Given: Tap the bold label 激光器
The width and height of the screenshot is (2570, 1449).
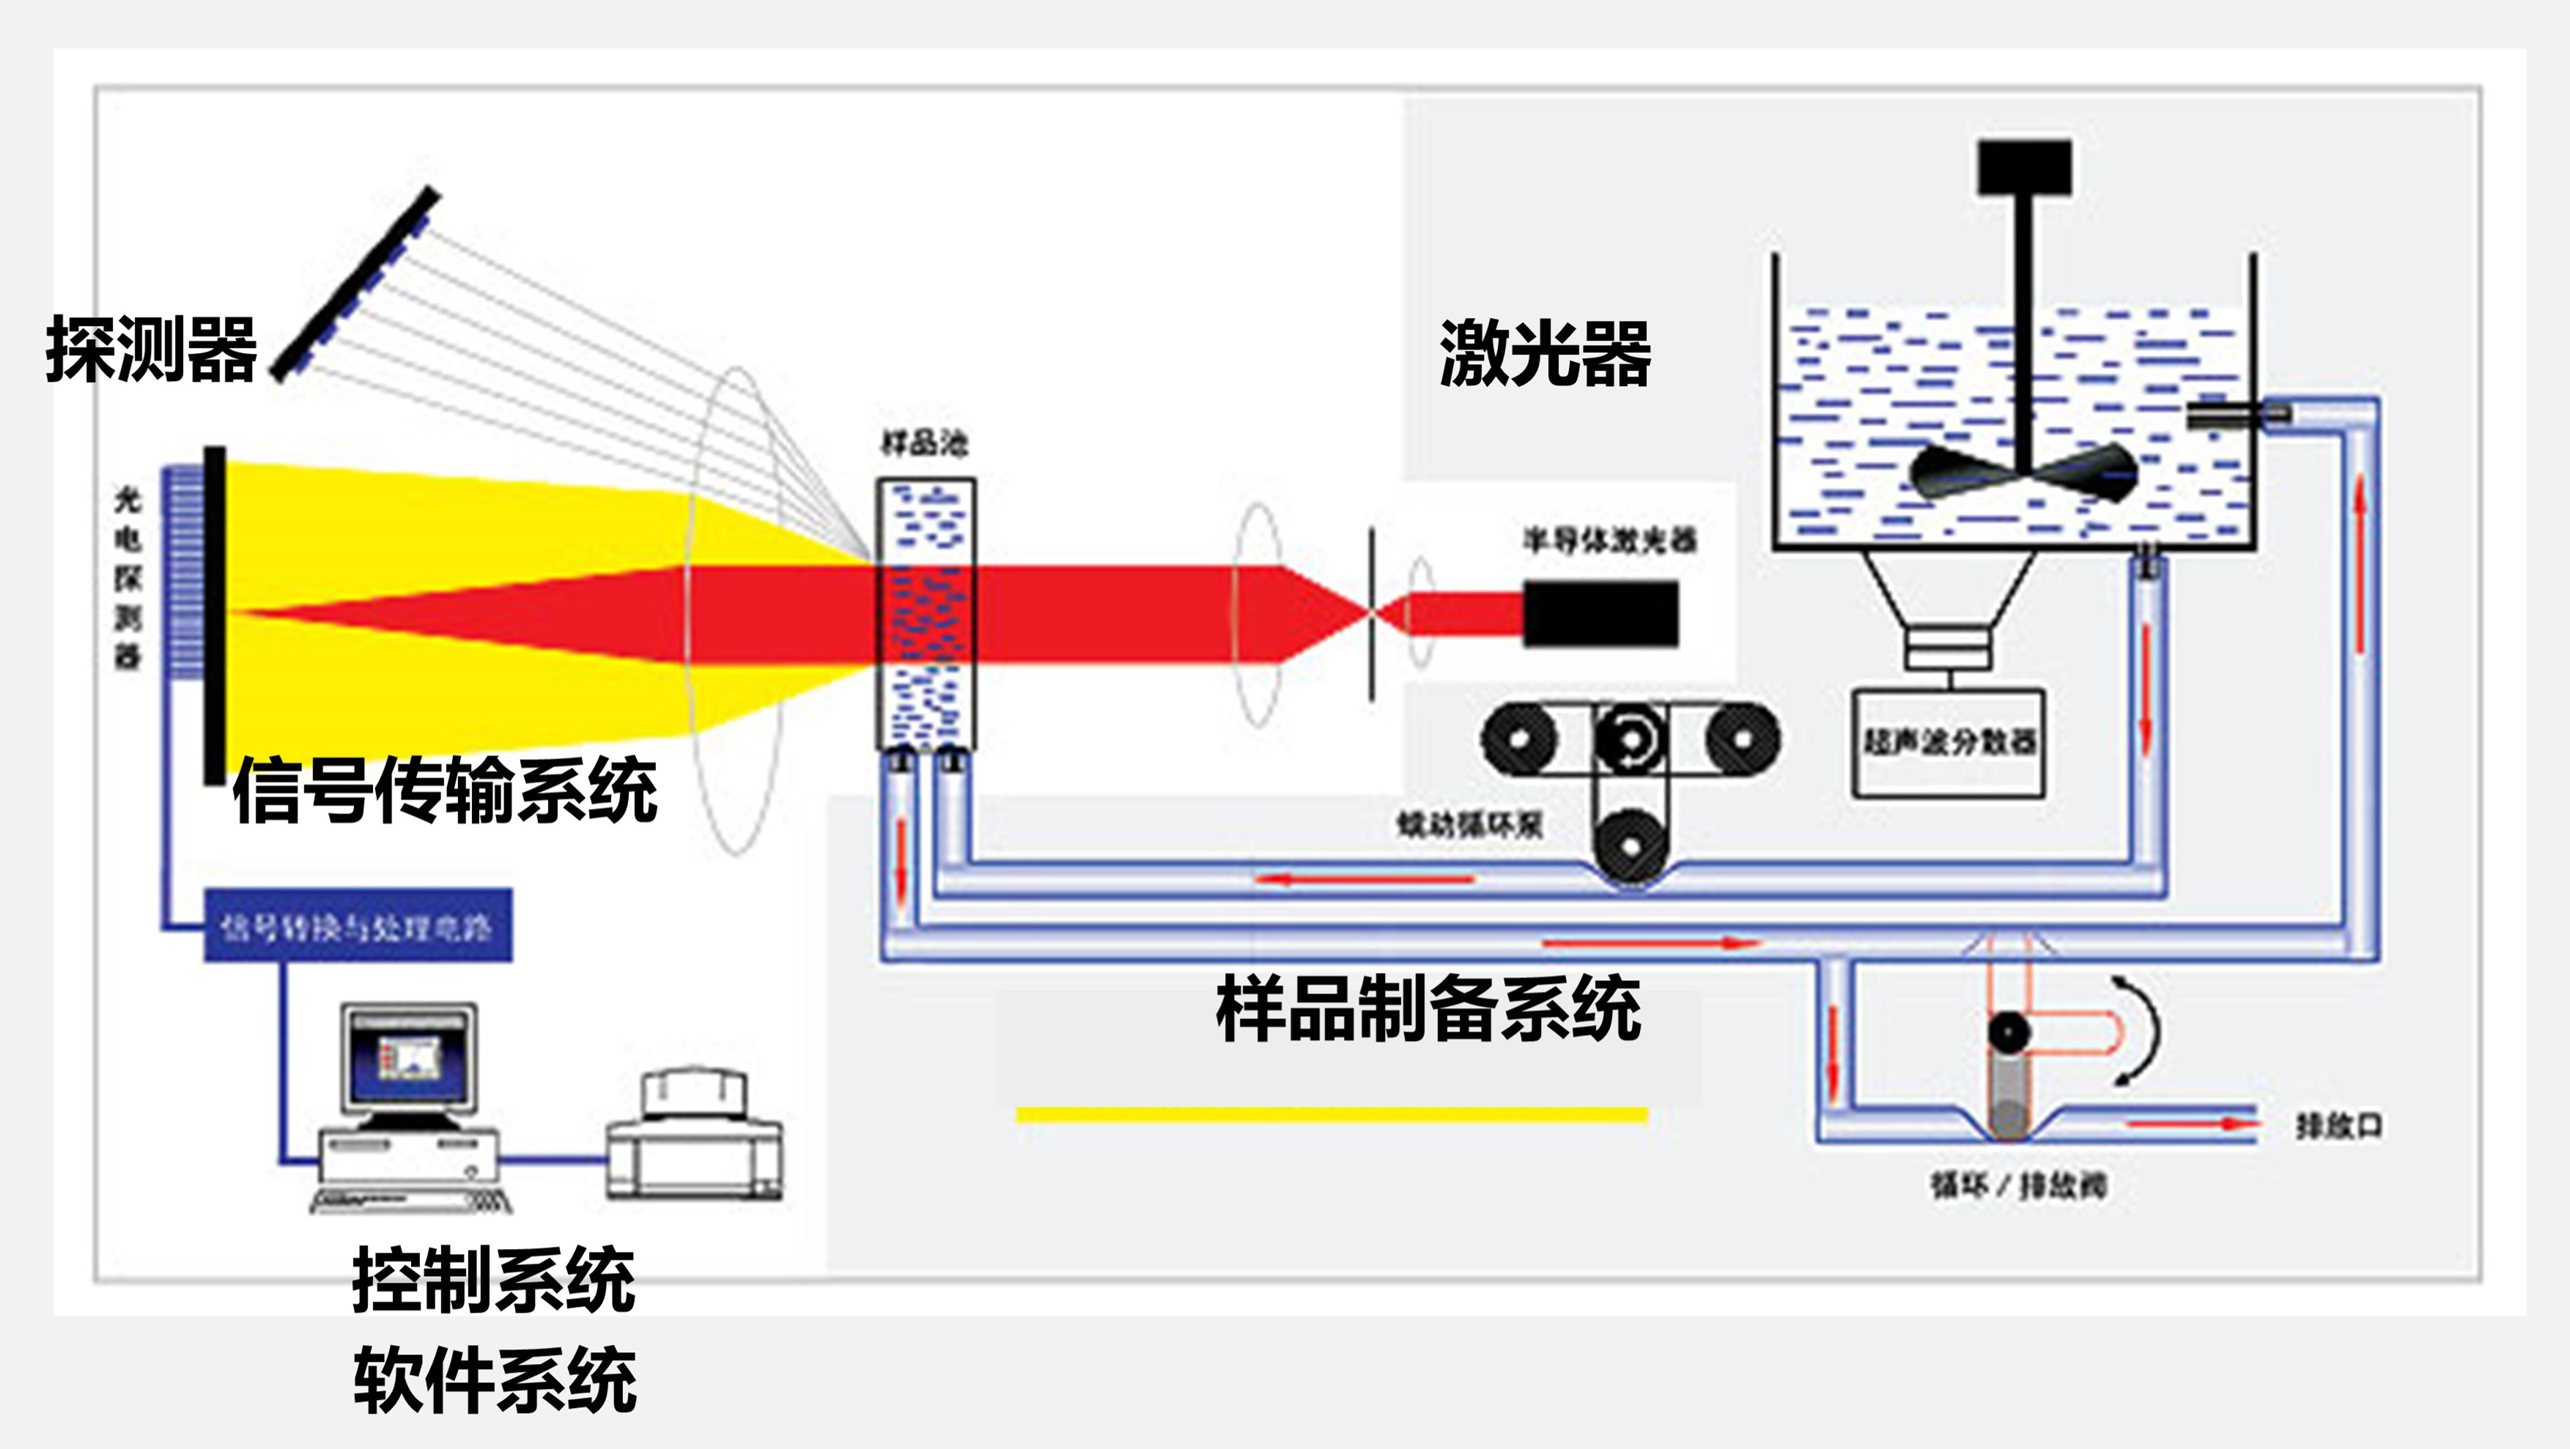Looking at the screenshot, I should point(1544,354).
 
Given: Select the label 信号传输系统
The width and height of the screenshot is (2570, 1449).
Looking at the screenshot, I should point(445,791).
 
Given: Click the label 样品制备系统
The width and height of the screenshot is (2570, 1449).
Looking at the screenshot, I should point(1428,1009).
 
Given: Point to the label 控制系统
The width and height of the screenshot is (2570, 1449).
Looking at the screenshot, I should point(494,1281).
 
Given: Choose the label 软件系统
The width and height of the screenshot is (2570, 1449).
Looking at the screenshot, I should point(494,1380).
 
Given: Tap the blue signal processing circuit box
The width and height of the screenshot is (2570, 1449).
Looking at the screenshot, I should point(357,927).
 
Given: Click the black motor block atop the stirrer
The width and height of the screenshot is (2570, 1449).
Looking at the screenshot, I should point(2024,168).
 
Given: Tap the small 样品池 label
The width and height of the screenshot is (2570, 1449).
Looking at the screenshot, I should point(924,442).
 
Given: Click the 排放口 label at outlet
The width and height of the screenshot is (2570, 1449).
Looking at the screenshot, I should point(2338,1127).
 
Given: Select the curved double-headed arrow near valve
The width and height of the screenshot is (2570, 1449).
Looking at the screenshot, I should point(2139,1029).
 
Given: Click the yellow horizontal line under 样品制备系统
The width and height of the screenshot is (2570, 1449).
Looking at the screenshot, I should point(1331,1115).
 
